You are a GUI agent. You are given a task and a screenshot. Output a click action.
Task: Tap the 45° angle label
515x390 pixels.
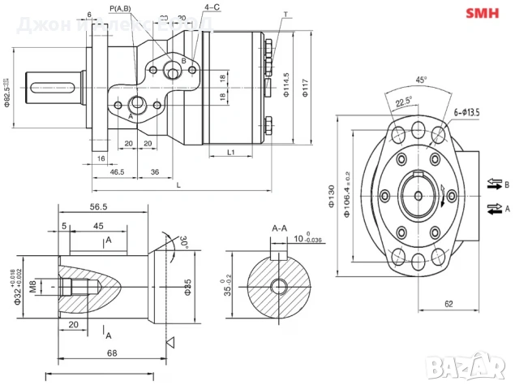tap(421, 80)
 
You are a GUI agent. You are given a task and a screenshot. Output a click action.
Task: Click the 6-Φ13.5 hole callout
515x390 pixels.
tap(470, 113)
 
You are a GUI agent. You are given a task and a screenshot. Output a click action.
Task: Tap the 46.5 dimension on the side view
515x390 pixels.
tap(117, 172)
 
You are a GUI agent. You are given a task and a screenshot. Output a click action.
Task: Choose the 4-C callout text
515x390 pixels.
tap(212, 6)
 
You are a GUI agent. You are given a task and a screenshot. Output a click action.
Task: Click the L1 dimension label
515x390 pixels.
tap(230, 152)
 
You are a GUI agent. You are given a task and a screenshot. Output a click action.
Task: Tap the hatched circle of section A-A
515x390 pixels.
tap(278, 285)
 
